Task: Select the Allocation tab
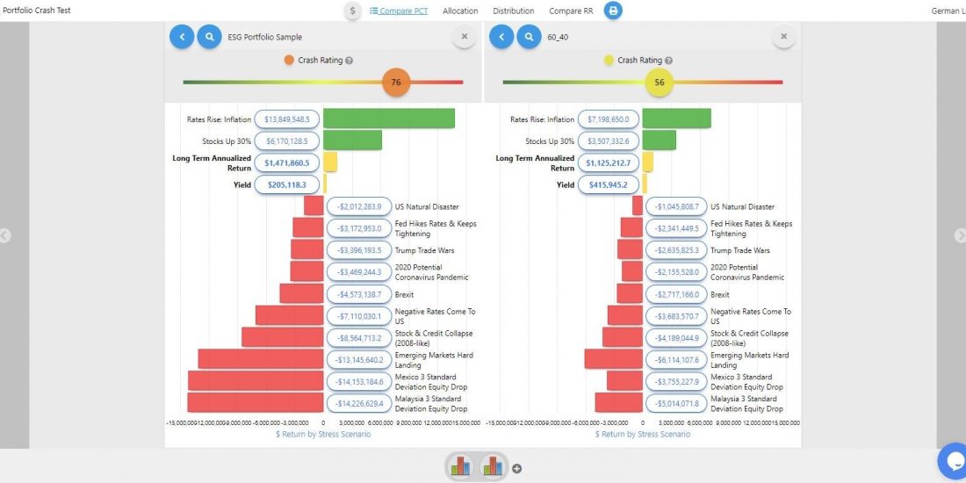pyautogui.click(x=460, y=11)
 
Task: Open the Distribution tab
pyautogui.click(x=514, y=11)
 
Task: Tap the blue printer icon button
pyautogui.click(x=613, y=11)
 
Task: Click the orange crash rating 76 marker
pyautogui.click(x=396, y=83)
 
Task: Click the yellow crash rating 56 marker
pyautogui.click(x=659, y=83)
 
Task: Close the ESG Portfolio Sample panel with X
pyautogui.click(x=464, y=37)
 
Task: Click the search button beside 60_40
pyautogui.click(x=528, y=37)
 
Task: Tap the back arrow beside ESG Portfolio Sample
pyautogui.click(x=182, y=37)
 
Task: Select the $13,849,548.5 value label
pyautogui.click(x=287, y=119)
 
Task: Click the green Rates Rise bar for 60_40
pyautogui.click(x=676, y=119)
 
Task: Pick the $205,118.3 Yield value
pyautogui.click(x=287, y=184)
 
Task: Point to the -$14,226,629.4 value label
pyautogui.click(x=359, y=403)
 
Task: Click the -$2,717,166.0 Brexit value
pyautogui.click(x=676, y=294)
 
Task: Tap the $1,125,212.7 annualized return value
pyautogui.click(x=608, y=162)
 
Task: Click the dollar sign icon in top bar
pyautogui.click(x=352, y=11)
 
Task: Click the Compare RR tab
pyautogui.click(x=571, y=11)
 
